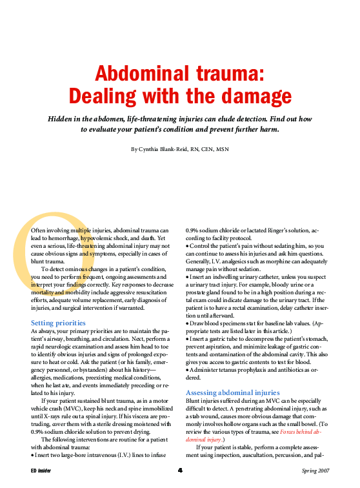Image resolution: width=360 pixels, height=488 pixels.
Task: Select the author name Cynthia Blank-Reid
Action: click(x=168, y=149)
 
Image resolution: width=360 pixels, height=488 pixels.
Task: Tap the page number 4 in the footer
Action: click(x=180, y=470)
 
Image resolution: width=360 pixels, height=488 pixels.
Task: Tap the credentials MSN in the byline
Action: click(x=223, y=149)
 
